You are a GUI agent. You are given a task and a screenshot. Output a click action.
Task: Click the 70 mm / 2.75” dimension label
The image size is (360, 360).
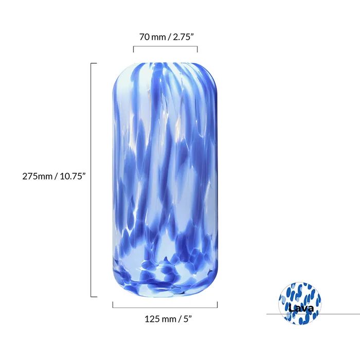coord(165,37)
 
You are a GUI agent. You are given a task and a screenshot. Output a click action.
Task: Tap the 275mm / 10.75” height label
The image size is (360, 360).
coord(53,175)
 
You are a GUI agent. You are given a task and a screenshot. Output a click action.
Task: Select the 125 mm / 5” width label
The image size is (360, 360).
coord(165,319)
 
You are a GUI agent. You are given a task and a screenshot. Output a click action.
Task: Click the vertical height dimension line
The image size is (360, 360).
coord(92,180)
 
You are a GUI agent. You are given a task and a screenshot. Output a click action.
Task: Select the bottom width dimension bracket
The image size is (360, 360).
coord(165,307)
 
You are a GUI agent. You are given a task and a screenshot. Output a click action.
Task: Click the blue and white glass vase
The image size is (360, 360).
coord(165,180)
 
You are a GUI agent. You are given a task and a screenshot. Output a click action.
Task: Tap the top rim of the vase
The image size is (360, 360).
coord(165,64)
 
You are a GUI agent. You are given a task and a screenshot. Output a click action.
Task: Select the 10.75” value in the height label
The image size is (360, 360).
coord(71,175)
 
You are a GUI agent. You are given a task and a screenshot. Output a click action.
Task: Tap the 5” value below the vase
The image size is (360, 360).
coord(187,319)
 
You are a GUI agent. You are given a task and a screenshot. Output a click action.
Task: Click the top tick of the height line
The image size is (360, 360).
coord(94,63)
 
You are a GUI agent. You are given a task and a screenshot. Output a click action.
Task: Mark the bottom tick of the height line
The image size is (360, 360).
coord(94,297)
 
